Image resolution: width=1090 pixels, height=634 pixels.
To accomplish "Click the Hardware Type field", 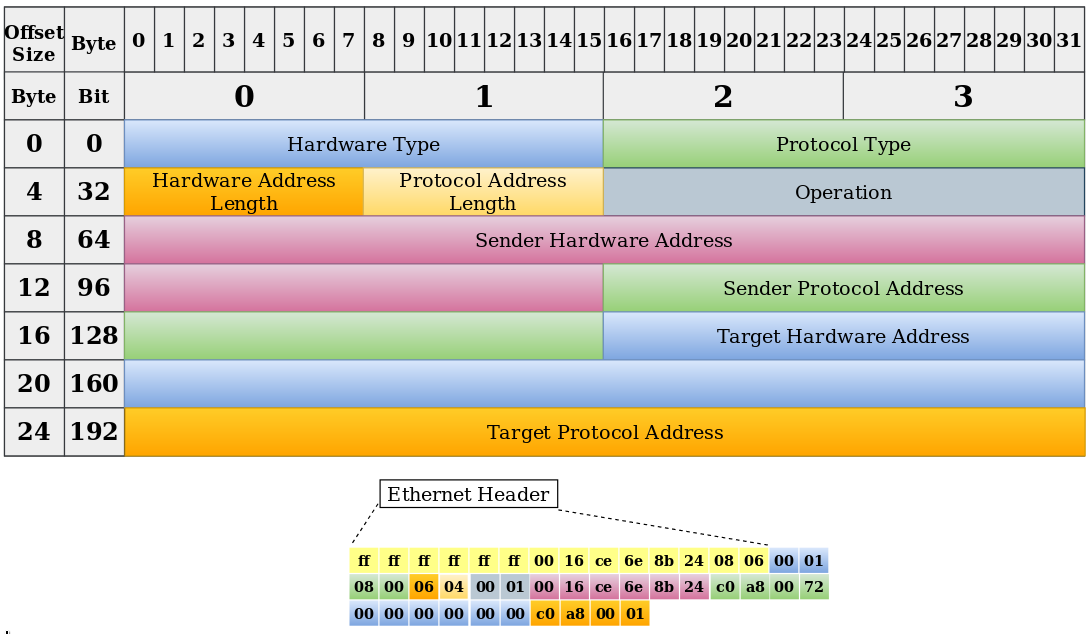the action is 364,144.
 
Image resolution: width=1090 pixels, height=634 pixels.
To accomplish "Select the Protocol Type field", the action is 843,144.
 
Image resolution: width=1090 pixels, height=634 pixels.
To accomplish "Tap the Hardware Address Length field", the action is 244,192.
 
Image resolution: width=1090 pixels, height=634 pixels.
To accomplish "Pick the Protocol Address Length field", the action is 483,192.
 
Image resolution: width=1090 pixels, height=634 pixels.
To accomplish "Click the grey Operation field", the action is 843,192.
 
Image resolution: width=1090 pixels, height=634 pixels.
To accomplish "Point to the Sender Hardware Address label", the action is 603,241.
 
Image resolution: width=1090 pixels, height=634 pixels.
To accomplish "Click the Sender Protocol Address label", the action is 843,288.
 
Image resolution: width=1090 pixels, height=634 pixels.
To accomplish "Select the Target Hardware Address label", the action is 843,336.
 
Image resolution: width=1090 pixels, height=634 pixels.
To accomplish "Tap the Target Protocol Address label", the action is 605,432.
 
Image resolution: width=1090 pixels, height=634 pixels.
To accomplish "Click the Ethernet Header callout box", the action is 469,494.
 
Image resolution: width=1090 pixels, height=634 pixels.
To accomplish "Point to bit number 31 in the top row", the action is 1069,40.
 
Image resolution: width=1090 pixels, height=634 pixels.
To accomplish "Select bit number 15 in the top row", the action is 589,40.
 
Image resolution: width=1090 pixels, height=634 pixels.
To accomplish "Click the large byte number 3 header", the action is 963,96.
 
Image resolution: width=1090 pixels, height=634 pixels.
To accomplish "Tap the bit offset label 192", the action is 94,432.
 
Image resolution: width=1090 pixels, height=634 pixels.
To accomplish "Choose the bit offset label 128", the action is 94,336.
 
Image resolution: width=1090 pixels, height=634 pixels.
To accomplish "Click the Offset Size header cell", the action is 34,43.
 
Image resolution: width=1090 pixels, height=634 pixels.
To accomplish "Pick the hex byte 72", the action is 813,587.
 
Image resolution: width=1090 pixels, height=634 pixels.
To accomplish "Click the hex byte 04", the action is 453,587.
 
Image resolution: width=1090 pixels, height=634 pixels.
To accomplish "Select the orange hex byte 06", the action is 423,587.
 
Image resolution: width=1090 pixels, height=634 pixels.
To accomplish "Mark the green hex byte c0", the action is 724,587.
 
